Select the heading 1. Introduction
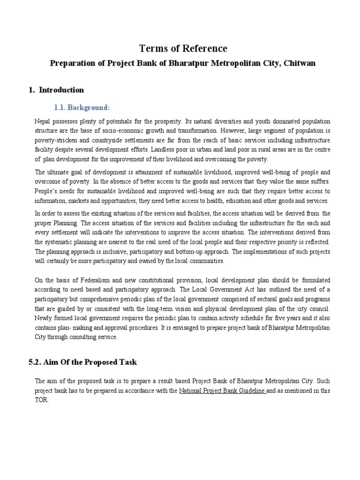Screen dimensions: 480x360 56,90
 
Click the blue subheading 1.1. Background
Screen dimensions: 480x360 82,108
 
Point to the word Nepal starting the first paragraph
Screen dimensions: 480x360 43,121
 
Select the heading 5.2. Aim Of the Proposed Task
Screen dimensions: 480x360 83,362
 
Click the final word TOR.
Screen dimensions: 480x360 42,399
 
